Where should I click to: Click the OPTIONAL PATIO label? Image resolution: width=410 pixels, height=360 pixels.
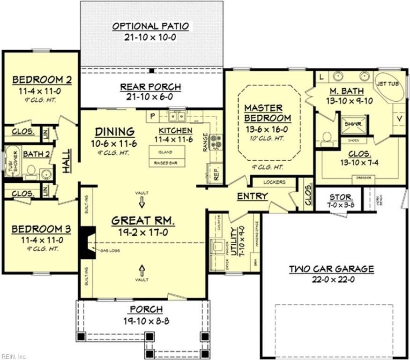[150, 26]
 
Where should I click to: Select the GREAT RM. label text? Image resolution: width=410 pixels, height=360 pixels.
[143, 220]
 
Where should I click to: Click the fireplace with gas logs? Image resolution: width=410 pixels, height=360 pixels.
[87, 242]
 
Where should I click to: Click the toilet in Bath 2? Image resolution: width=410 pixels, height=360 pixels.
[32, 171]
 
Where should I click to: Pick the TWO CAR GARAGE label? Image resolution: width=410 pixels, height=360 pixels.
[331, 269]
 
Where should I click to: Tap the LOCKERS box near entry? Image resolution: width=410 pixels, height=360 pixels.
[274, 182]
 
